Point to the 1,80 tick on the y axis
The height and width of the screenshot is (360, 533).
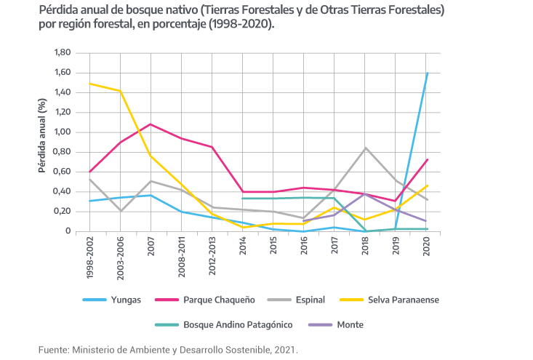[x=63, y=53]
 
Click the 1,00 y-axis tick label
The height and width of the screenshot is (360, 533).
[x=63, y=132]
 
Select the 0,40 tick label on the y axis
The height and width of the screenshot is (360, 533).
[x=63, y=192]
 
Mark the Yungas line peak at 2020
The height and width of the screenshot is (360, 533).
[x=426, y=73]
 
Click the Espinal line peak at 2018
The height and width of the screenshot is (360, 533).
[x=365, y=148]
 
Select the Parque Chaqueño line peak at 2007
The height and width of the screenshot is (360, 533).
[x=151, y=124]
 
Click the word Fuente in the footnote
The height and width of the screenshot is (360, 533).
[x=52, y=350]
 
